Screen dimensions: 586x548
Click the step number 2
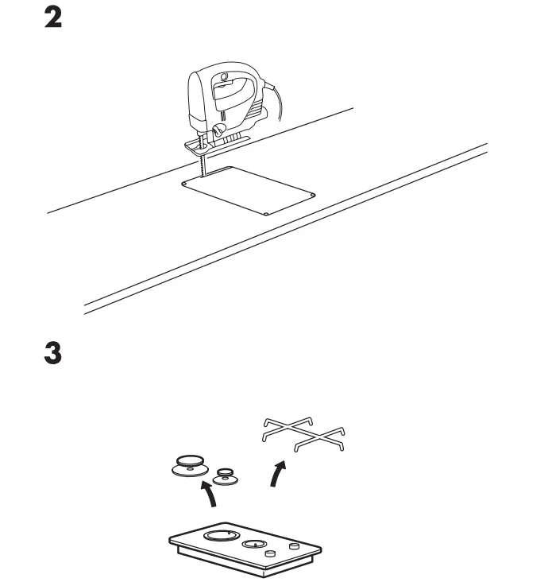click(52, 18)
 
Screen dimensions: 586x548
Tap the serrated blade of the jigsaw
click(203, 166)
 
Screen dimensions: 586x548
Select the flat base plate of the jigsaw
click(217, 143)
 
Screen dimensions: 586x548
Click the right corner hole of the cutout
click(315, 193)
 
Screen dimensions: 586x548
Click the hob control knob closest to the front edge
click(271, 553)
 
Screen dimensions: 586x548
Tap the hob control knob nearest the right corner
click(295, 547)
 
